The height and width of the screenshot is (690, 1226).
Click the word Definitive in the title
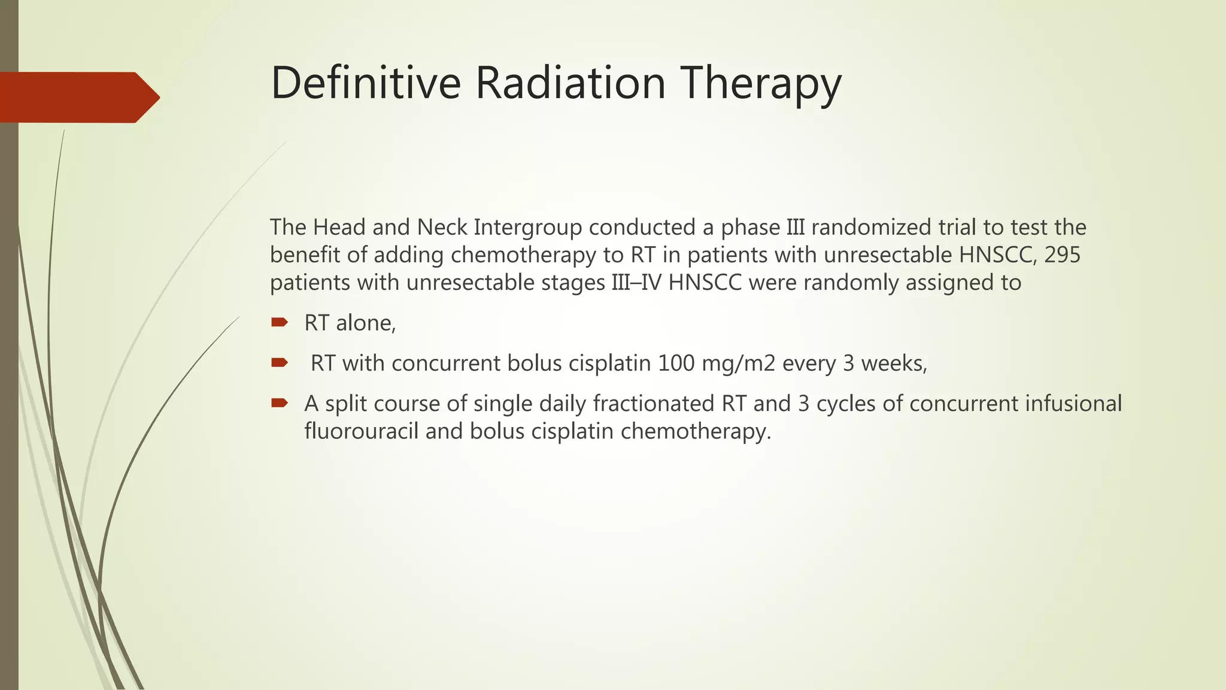tap(365, 83)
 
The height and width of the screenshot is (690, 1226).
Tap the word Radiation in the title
tap(570, 83)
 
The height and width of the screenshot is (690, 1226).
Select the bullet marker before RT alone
tap(279, 323)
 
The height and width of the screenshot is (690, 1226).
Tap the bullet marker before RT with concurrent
tap(279, 363)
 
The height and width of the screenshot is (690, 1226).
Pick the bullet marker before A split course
tap(279, 403)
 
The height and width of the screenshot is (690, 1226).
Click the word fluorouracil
tap(361, 431)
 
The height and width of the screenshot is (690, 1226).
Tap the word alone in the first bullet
tap(365, 323)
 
